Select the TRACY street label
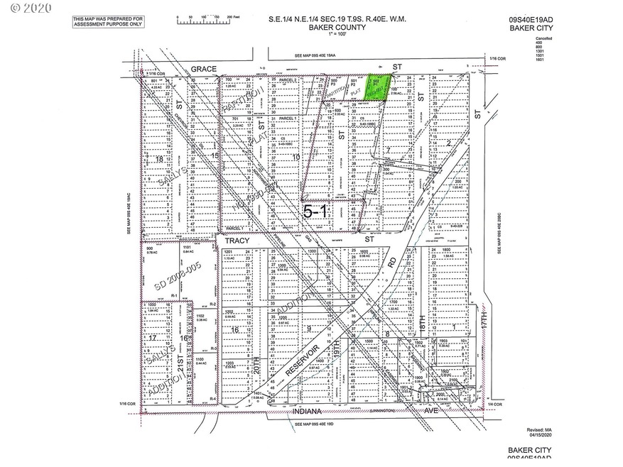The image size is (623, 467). (234, 241)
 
